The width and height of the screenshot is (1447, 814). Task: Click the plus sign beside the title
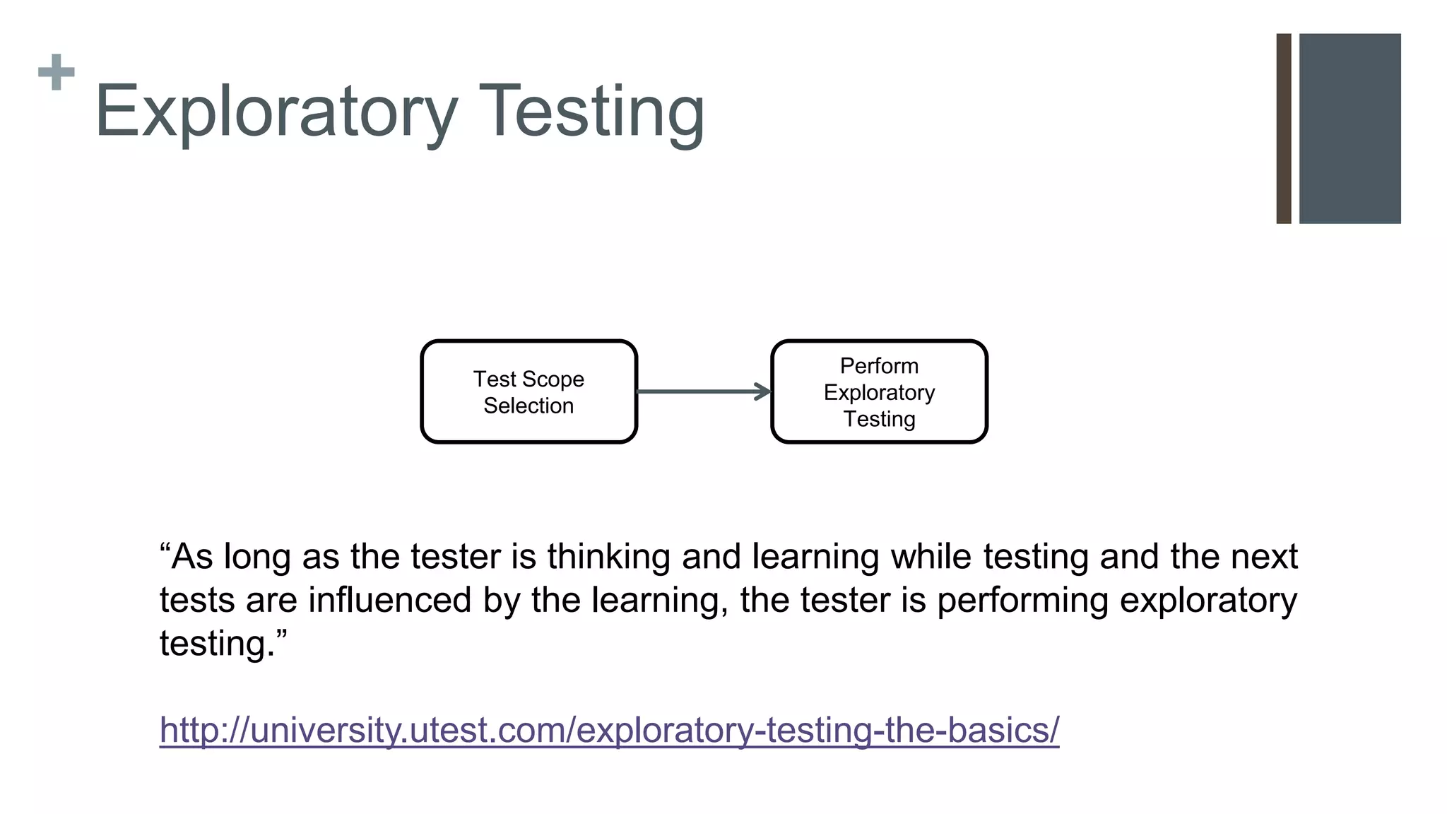click(57, 72)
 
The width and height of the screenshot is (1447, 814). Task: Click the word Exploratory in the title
click(276, 112)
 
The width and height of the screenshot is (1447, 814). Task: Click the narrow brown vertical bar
click(1284, 129)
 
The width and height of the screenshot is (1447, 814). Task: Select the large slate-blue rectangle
click(1349, 129)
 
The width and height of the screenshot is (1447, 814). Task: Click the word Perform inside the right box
click(879, 366)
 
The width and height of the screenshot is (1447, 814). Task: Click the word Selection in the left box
click(528, 406)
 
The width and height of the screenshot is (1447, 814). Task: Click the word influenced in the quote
click(390, 600)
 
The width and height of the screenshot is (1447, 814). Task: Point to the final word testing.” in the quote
click(223, 644)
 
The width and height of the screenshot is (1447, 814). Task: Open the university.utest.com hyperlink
click(609, 730)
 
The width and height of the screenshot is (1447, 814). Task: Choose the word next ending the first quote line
click(1264, 557)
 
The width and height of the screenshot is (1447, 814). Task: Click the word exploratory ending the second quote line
click(1208, 600)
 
